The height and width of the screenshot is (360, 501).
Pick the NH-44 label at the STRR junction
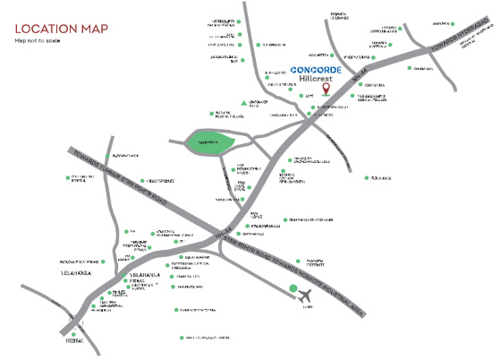tap(221, 236)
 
